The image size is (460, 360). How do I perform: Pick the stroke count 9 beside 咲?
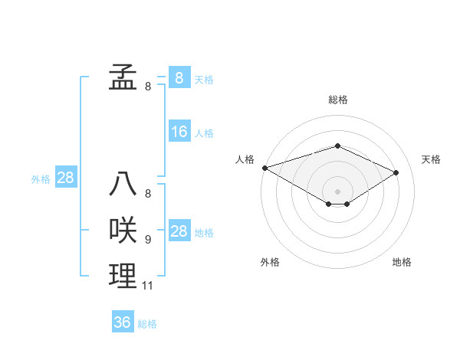click(x=148, y=240)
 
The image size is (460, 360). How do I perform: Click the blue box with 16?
click(x=179, y=132)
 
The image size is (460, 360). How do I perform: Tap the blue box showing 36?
click(x=123, y=322)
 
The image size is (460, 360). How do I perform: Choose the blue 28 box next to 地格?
click(x=179, y=232)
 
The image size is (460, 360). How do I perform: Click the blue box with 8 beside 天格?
click(x=179, y=77)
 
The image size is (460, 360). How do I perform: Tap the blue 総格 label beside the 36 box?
click(x=147, y=324)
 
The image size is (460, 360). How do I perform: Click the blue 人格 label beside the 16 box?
click(x=204, y=133)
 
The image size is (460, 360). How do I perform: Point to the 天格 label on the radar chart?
click(x=432, y=159)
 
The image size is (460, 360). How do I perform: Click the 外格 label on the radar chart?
click(x=270, y=262)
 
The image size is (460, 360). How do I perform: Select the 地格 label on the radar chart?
click(x=402, y=262)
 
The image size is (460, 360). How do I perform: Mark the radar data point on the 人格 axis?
click(x=264, y=168)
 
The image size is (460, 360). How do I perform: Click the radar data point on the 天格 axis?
click(x=396, y=172)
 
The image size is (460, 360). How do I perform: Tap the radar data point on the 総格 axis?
click(x=337, y=146)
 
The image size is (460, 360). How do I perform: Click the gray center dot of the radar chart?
click(x=337, y=190)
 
